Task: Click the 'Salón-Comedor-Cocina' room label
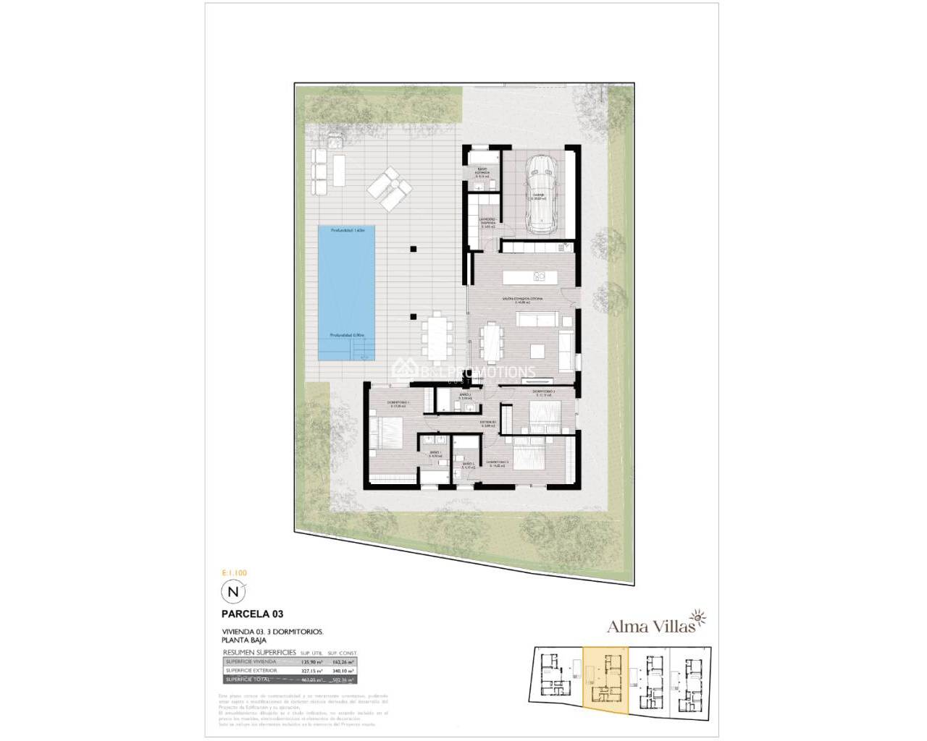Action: coord(525,299)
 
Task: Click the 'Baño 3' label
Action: coord(466,396)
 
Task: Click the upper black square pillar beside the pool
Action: coord(413,249)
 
